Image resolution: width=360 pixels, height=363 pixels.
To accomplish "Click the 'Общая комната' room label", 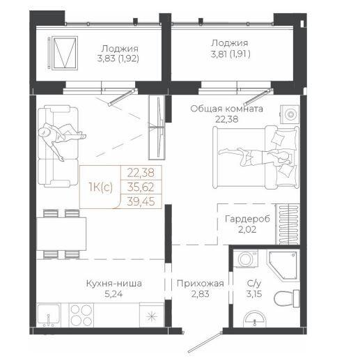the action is coord(226,109).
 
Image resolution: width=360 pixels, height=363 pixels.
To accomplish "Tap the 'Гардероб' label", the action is coord(247,219).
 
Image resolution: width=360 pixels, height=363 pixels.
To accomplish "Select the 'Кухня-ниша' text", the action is coord(114,284).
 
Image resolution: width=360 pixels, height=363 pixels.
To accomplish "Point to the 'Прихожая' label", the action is coord(200,284).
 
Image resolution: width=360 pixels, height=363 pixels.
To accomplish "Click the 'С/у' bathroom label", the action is coord(254,284).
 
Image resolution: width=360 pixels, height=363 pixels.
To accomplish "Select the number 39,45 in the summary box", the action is coord(141,201).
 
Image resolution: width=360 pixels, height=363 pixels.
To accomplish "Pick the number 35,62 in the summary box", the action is coord(141,187).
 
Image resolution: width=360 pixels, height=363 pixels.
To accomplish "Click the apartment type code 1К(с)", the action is coord(101,187).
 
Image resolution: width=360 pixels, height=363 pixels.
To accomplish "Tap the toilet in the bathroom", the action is coord(287,298).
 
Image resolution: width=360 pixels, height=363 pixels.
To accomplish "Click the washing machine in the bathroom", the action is coord(246,259).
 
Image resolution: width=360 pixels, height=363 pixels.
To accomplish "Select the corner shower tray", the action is coord(283,265).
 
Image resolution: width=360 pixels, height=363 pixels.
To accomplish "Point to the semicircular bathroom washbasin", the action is coord(254,318).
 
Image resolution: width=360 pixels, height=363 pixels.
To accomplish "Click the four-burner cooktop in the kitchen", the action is coord(81,315).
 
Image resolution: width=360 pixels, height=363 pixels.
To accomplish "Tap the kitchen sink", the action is coord(49,315).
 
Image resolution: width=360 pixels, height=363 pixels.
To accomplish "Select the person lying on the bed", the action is coord(256,156).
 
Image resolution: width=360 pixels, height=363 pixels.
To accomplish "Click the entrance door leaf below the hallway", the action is coord(204,343).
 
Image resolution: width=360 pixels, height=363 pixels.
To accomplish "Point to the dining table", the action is coord(61,234).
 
